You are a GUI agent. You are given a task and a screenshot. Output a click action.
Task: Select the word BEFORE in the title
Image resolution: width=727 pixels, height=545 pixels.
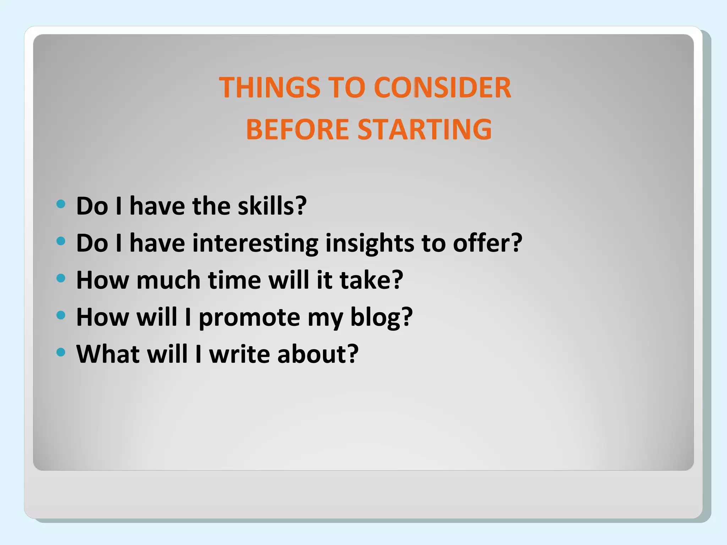(x=297, y=129)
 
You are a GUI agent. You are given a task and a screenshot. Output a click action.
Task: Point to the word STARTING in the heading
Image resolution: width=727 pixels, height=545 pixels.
(x=425, y=129)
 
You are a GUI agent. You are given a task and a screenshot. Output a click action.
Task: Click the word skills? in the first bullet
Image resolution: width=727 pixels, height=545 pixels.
(x=272, y=206)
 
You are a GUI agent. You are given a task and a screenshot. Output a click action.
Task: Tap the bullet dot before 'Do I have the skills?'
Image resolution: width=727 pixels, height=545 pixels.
(x=61, y=204)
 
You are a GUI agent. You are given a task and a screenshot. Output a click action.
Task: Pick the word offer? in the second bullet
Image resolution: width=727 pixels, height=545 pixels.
(x=487, y=243)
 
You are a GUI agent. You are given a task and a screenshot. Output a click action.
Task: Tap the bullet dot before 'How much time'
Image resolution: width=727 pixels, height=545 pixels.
(x=61, y=278)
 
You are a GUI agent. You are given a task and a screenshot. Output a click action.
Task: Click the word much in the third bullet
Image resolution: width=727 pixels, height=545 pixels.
(x=169, y=280)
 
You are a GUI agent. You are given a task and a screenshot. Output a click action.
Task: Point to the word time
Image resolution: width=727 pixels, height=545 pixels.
(x=235, y=280)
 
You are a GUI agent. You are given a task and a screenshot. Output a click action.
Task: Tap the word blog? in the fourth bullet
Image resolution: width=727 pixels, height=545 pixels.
(x=382, y=318)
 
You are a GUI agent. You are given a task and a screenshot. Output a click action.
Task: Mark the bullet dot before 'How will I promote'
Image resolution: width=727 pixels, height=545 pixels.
(x=61, y=315)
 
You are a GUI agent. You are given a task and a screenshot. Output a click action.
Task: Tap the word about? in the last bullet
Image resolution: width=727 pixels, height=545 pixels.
(x=318, y=354)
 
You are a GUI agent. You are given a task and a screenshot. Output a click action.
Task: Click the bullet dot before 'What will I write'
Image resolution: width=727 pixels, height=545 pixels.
(x=61, y=352)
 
